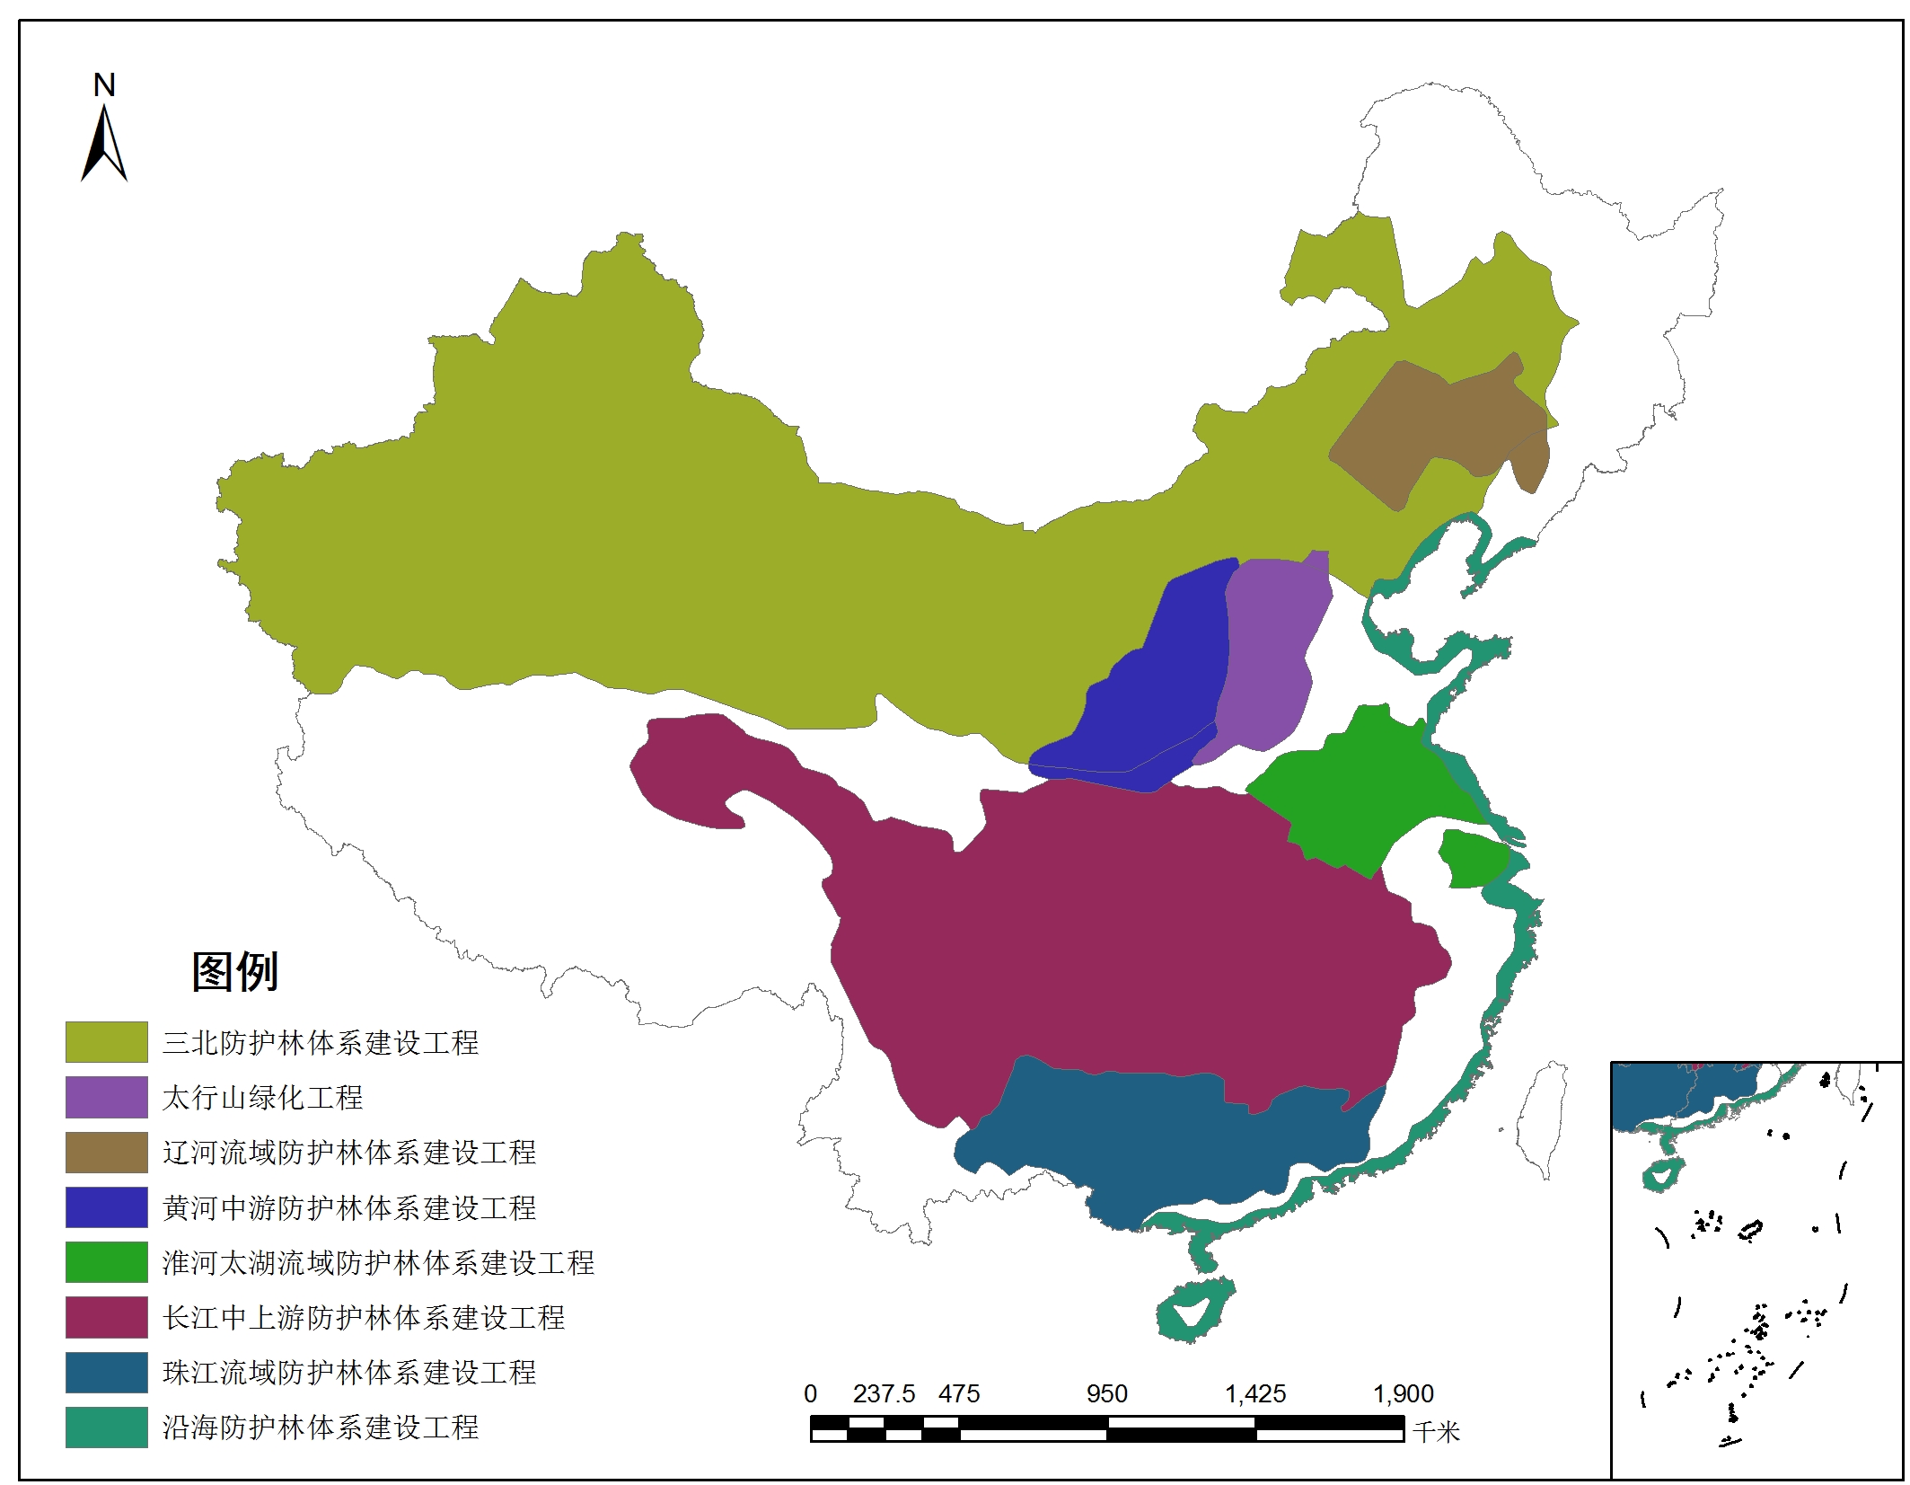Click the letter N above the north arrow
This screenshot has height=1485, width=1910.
pyautogui.click(x=104, y=85)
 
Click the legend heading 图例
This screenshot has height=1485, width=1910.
pyautogui.click(x=235, y=971)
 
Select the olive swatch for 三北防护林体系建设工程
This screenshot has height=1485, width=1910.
pyautogui.click(x=106, y=1041)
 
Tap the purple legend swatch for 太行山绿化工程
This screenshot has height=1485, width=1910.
pyautogui.click(x=106, y=1096)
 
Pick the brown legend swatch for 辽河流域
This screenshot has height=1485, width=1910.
pyautogui.click(x=106, y=1152)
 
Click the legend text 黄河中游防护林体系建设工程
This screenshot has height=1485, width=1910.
pyautogui.click(x=348, y=1207)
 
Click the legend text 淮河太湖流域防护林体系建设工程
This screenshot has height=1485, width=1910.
pyautogui.click(x=377, y=1262)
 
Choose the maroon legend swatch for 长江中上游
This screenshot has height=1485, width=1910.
pyautogui.click(x=106, y=1317)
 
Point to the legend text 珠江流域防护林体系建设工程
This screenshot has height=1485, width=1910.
pyautogui.click(x=348, y=1372)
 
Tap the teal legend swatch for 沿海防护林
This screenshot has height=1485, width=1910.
pyautogui.click(x=106, y=1427)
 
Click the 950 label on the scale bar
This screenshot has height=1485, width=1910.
pyautogui.click(x=1106, y=1393)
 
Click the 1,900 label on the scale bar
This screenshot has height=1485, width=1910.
pyautogui.click(x=1403, y=1393)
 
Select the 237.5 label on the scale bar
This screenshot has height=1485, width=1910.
pyautogui.click(x=884, y=1393)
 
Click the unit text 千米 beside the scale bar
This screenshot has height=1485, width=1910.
pyautogui.click(x=1436, y=1431)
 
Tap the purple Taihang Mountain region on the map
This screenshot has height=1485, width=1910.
pyautogui.click(x=1271, y=647)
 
